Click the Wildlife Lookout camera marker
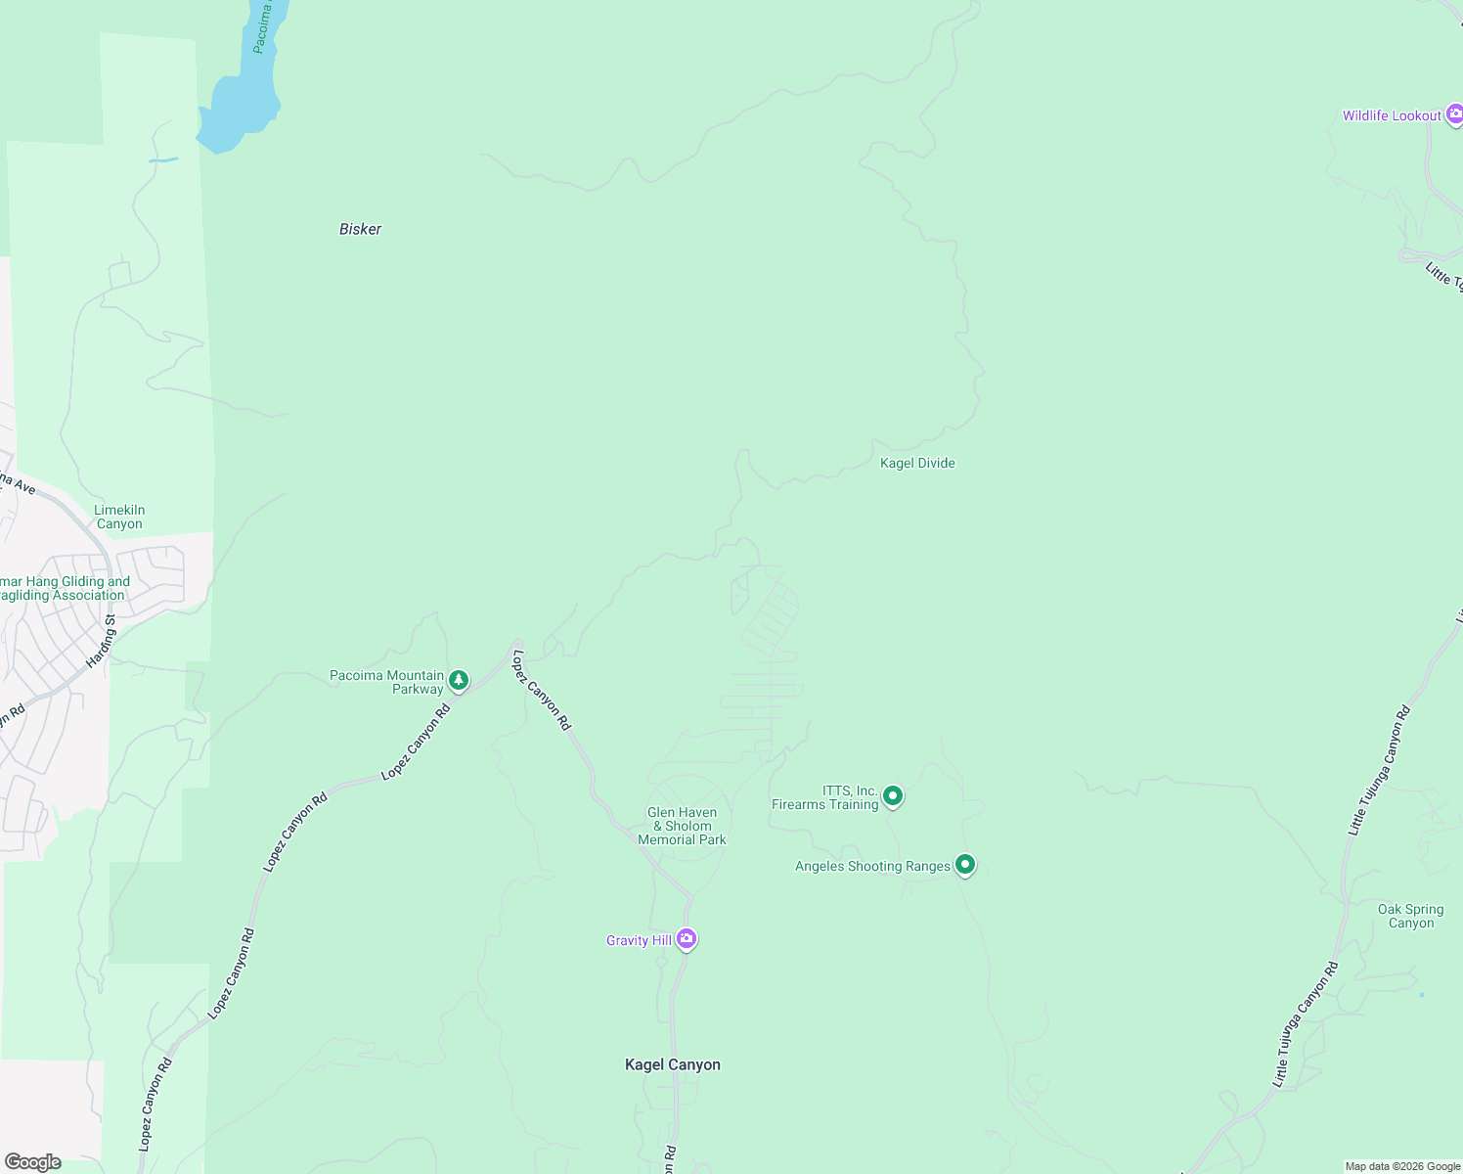[1453, 114]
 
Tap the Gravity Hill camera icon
[687, 939]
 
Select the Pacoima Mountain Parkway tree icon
[458, 680]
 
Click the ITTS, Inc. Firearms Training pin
[892, 796]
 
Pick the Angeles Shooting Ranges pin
[964, 865]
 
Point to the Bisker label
[360, 229]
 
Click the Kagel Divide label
[917, 463]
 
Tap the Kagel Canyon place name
[673, 1064]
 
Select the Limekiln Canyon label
[119, 517]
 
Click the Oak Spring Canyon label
[1411, 916]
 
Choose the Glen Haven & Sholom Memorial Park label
[683, 826]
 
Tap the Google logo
[33, 1161]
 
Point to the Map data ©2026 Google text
[1402, 1166]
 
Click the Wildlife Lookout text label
[1392, 115]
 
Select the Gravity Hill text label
[639, 940]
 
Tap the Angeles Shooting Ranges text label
[872, 866]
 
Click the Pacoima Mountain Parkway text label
[387, 682]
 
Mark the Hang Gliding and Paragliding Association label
[65, 588]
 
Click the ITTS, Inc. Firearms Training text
[825, 797]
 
